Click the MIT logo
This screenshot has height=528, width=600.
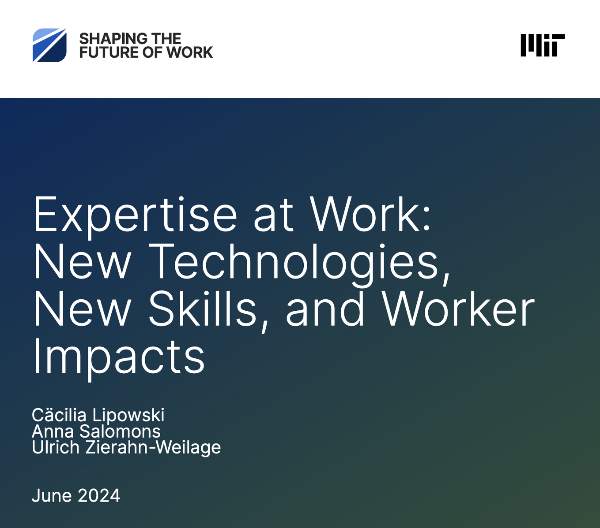542,45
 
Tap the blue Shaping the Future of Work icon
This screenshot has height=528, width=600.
49,45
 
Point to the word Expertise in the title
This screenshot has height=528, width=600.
135,215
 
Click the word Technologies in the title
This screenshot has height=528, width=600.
294,262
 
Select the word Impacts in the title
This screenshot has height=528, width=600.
119,356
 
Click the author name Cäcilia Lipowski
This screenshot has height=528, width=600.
98,415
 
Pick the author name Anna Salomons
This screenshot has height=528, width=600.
96,431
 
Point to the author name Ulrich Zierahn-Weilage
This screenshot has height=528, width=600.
126,447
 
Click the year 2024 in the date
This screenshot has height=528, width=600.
98,495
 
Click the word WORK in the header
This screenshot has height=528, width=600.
190,52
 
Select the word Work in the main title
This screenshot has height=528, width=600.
370,215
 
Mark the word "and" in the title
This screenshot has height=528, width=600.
325,309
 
